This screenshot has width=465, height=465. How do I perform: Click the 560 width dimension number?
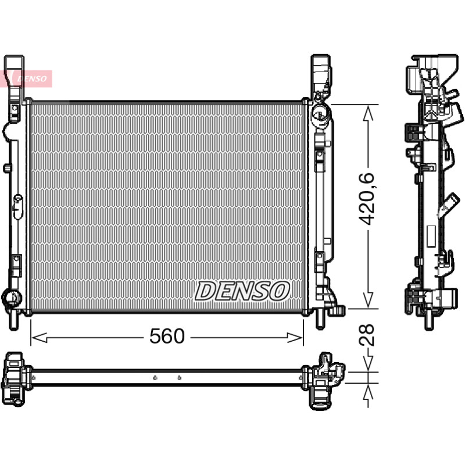point(167,336)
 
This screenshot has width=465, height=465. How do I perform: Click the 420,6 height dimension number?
point(367,199)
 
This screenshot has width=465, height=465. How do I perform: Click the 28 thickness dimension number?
point(367,335)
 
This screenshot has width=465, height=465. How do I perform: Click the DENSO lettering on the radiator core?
point(242,291)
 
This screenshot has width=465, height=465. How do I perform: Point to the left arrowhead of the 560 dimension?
point(39,338)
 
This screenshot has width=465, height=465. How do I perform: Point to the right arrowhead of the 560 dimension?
point(295,338)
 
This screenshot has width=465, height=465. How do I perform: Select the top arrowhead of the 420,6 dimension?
point(368,113)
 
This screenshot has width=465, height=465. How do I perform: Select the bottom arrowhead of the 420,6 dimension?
point(368,300)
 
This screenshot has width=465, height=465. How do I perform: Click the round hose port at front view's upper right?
point(320,113)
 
